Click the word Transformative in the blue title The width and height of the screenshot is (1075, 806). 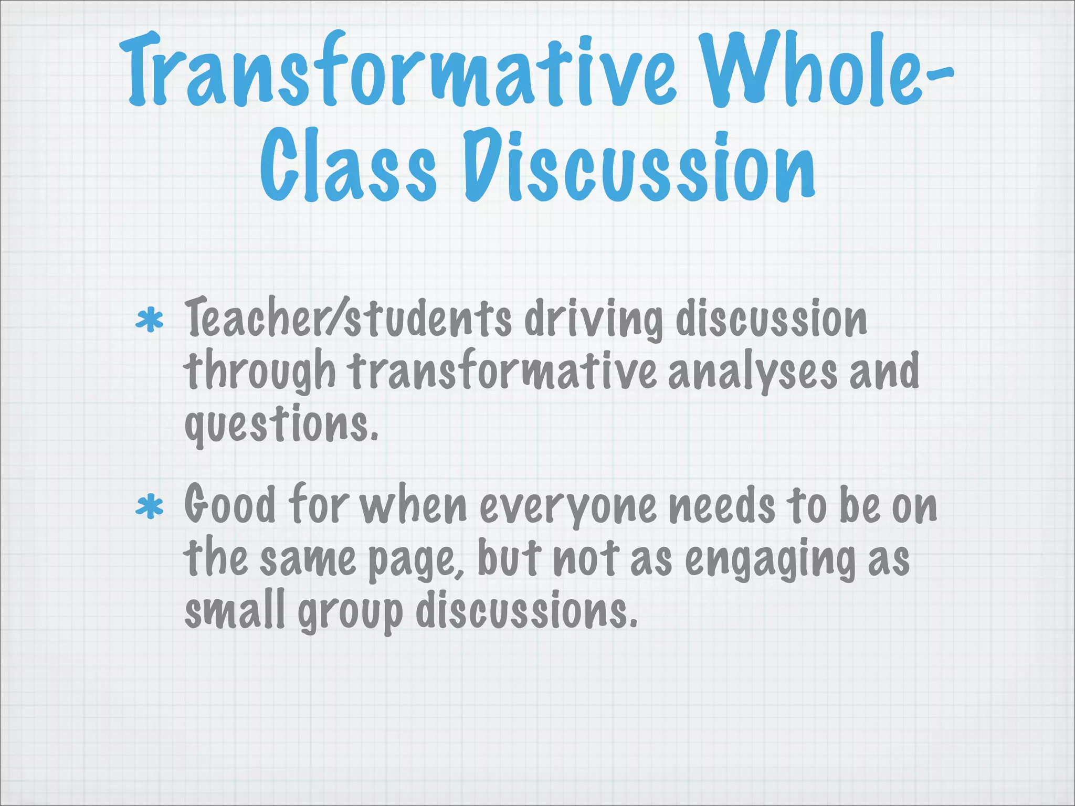(399, 71)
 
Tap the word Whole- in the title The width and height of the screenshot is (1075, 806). (827, 71)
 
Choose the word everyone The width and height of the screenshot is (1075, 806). (567, 507)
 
